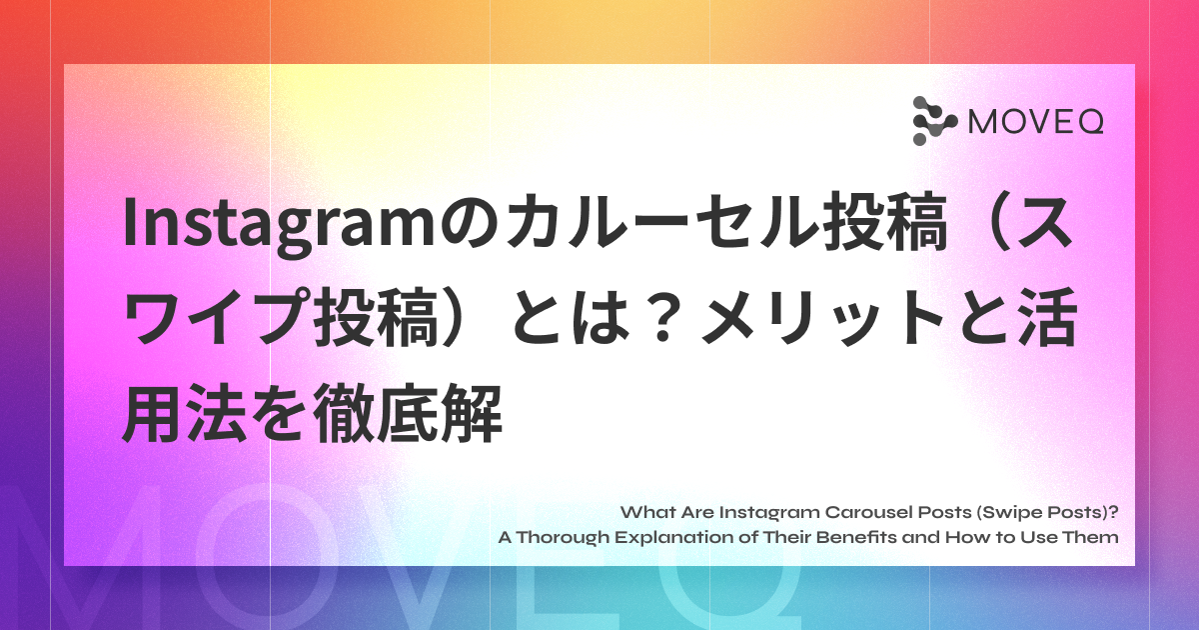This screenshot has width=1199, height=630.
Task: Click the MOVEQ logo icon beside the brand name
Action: tap(934, 121)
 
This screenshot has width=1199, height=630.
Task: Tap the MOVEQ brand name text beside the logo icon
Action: tap(1036, 122)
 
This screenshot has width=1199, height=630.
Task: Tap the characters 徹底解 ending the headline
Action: tap(407, 412)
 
